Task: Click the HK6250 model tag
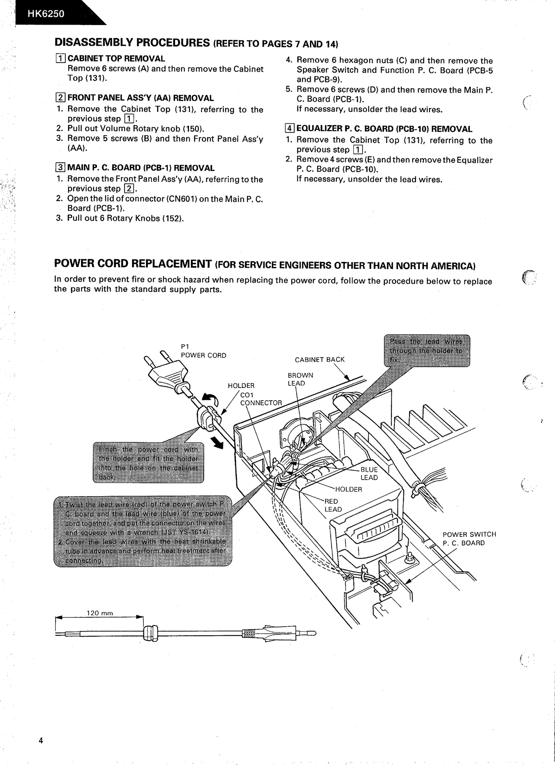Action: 46,14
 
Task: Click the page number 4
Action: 41,741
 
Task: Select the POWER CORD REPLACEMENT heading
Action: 133,264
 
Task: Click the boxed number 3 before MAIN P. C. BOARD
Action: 60,168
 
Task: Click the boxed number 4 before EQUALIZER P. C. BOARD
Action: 290,129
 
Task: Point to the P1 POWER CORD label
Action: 203,351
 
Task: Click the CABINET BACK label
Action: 320,359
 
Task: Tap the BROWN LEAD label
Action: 300,379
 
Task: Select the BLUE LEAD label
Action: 369,474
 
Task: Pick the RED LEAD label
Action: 333,505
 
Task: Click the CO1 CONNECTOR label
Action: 261,399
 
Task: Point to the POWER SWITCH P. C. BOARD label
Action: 469,538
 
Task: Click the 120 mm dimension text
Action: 100,613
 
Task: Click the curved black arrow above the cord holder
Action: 210,400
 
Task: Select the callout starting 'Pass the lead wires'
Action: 427,351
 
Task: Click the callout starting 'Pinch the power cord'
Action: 148,463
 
